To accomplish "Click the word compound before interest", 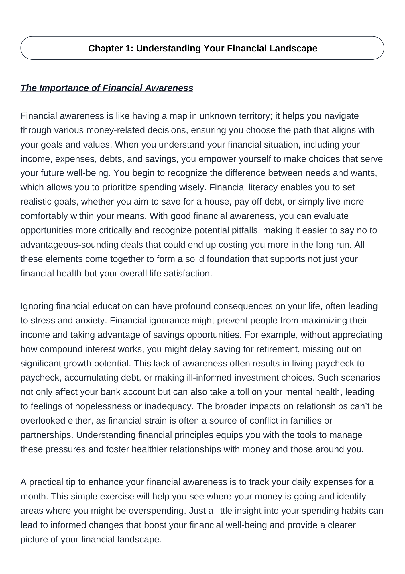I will click(57, 349).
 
